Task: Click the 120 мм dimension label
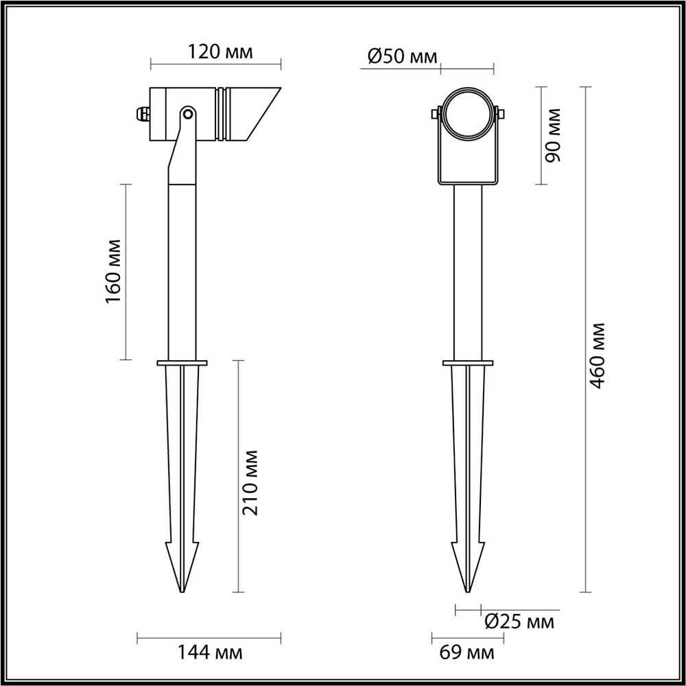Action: click(x=220, y=52)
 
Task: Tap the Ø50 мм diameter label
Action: click(x=403, y=56)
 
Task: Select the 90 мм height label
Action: click(x=552, y=135)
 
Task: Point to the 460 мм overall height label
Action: click(x=596, y=355)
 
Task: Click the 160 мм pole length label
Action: click(x=113, y=271)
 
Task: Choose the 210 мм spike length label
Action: click(x=250, y=482)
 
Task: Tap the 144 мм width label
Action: click(x=209, y=653)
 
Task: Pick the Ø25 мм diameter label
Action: click(x=520, y=622)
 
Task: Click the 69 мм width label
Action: click(x=466, y=653)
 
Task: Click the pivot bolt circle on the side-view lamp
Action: click(x=188, y=114)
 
